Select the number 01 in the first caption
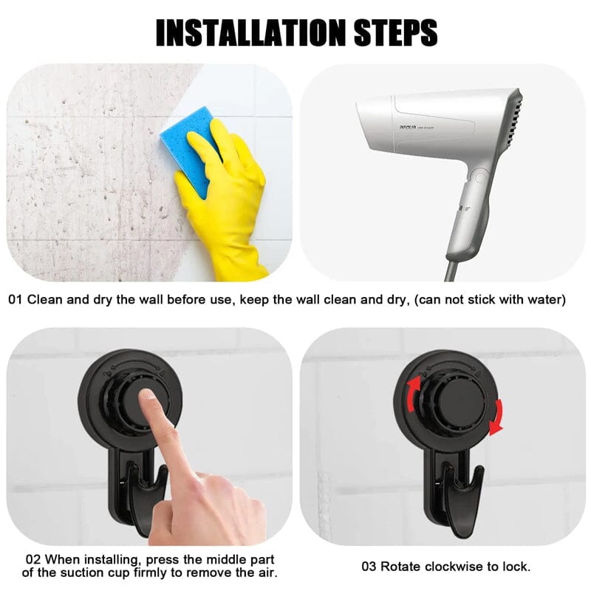[x=16, y=300]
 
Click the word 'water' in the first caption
[x=544, y=300]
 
